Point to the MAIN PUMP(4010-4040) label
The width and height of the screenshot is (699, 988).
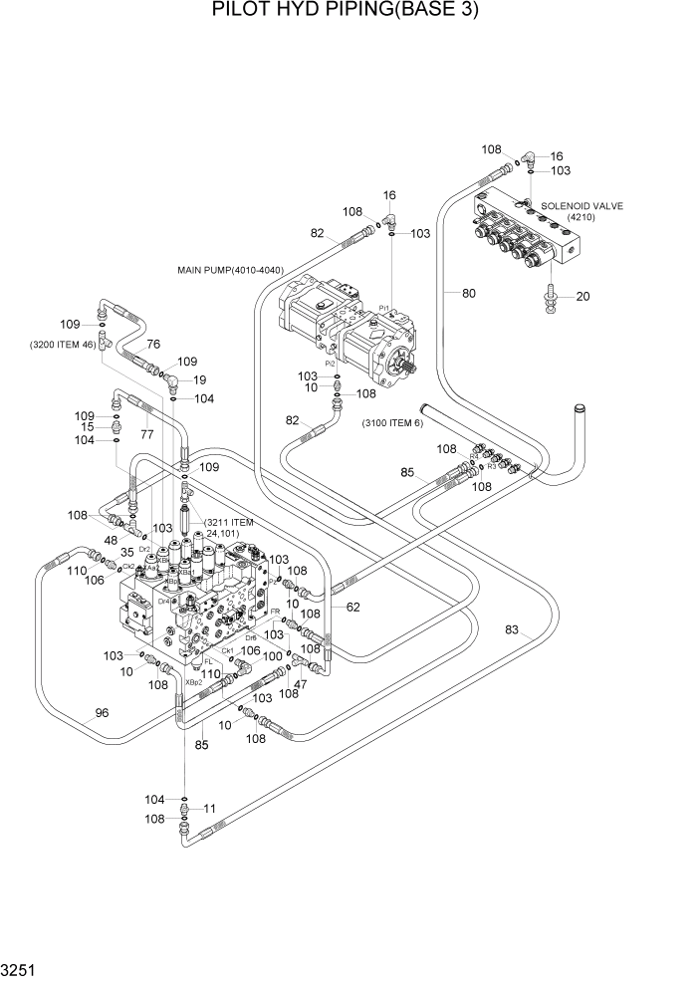point(231,269)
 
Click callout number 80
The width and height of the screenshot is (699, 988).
point(469,293)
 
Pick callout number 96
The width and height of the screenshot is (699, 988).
point(101,712)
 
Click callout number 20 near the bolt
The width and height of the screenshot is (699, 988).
point(582,296)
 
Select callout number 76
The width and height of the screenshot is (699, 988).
point(152,344)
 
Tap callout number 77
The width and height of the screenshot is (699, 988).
point(146,434)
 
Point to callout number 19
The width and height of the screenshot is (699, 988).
point(199,379)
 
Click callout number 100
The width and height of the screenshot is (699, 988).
point(272,684)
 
